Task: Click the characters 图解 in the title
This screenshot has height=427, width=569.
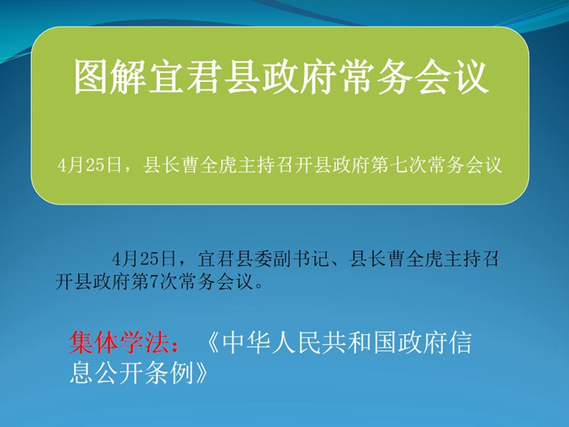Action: tap(109, 77)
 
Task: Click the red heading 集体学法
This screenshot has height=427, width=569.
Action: tap(119, 342)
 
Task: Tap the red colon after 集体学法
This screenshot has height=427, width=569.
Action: tap(175, 343)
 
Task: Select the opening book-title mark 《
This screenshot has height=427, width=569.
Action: tap(213, 342)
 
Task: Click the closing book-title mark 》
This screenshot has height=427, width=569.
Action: tap(201, 373)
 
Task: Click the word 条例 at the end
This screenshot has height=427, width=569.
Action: tap(169, 373)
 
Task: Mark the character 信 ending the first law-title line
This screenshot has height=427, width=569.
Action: tap(459, 342)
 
